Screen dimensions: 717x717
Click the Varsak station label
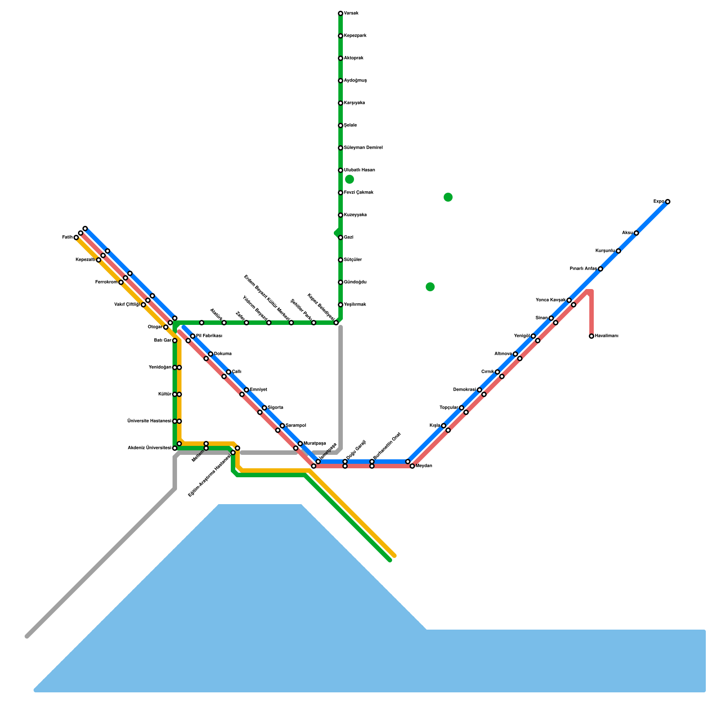click(x=351, y=13)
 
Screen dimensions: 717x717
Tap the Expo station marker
click(x=668, y=202)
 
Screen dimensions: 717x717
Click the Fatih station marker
click(x=76, y=238)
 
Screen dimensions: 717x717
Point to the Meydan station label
click(x=423, y=466)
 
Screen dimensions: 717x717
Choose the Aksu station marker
click(x=636, y=233)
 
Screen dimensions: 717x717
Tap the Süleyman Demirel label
click(x=363, y=148)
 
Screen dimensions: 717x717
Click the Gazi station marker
click(x=341, y=238)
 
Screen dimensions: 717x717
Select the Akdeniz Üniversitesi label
click(x=149, y=448)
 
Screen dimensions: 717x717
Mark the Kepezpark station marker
click(x=341, y=36)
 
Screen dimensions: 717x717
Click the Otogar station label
click(x=155, y=327)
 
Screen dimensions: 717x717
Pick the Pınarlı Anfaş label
click(x=583, y=269)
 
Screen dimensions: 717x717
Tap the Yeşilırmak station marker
click(x=341, y=305)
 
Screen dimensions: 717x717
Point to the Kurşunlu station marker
click(x=618, y=251)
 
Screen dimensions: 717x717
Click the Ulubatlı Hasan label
click(x=359, y=170)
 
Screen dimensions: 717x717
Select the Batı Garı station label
click(x=163, y=341)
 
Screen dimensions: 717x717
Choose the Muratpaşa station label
click(x=315, y=444)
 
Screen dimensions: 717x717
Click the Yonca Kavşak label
click(x=550, y=300)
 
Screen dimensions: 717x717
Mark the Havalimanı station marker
click(x=592, y=336)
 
